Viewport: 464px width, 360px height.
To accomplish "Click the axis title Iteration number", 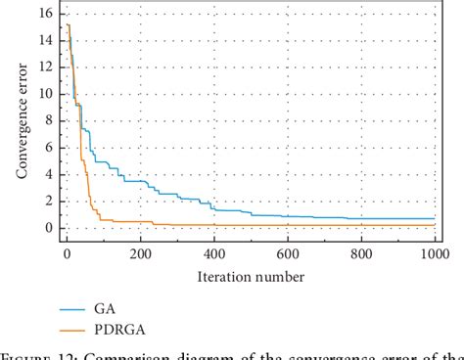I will click(x=250, y=276).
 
